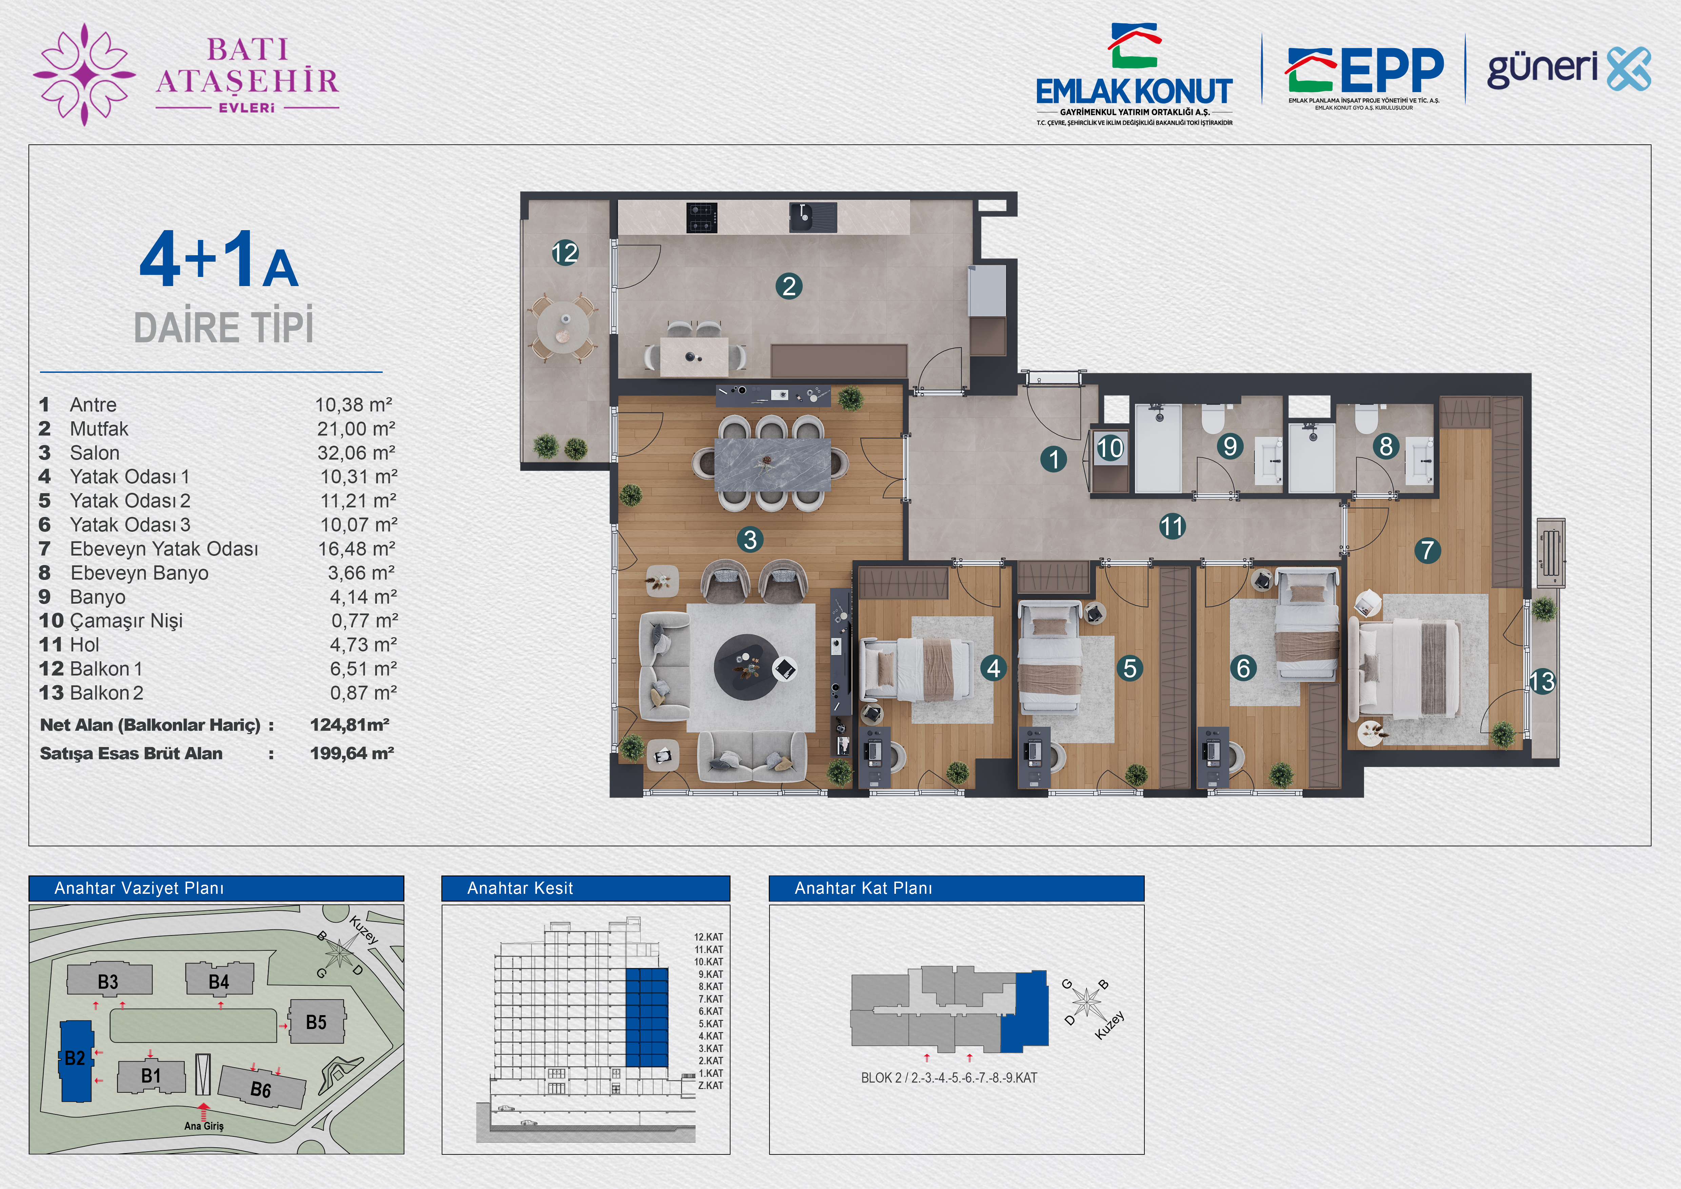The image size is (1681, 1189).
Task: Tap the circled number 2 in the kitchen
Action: pos(788,286)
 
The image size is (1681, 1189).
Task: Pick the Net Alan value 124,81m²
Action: pos(349,725)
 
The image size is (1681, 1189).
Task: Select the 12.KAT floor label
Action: pos(708,937)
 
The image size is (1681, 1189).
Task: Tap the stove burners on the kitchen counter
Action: pos(701,218)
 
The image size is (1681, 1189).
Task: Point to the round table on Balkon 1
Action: pos(562,327)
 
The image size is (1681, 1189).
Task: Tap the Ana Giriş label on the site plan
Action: pos(203,1126)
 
